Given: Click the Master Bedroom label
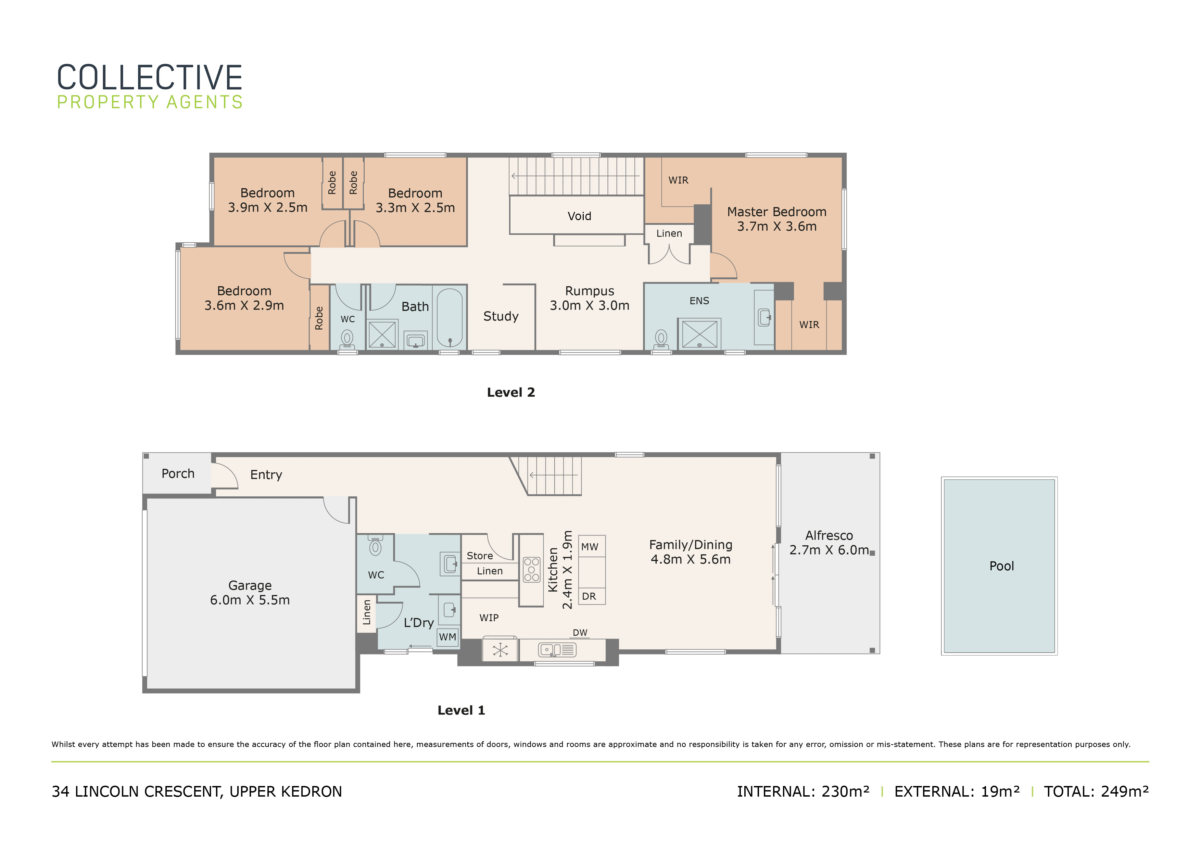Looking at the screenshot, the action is click(777, 219).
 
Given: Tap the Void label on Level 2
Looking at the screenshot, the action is click(579, 216).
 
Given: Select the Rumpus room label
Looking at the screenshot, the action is click(590, 298).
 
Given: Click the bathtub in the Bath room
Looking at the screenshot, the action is click(450, 318).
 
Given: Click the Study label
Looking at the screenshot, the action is click(501, 316).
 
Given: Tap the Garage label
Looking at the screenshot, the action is click(250, 593).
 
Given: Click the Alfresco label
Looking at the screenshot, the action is click(829, 543).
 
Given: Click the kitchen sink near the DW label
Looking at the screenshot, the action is click(557, 650).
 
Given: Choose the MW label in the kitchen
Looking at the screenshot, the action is click(590, 547).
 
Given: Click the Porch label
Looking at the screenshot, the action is click(178, 473).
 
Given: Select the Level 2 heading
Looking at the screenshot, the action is click(511, 392).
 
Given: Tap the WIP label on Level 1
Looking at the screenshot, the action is click(489, 618).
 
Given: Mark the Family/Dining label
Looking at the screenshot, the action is click(691, 552).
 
